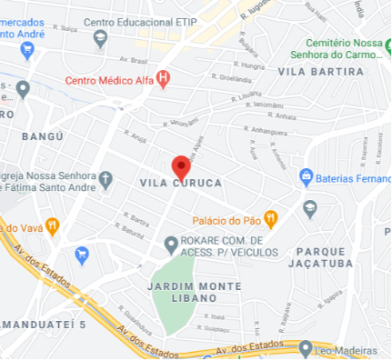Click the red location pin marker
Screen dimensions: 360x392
(x=181, y=168)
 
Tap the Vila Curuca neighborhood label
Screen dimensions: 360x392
(x=181, y=183)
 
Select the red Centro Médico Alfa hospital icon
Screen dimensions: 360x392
(x=163, y=78)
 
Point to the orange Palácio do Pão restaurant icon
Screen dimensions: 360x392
(x=269, y=219)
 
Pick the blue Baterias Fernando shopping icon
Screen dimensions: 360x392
(x=307, y=175)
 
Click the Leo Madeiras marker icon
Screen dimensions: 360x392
(x=306, y=346)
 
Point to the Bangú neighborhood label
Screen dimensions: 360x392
(x=42, y=135)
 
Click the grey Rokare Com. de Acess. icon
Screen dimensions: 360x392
(x=170, y=243)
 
